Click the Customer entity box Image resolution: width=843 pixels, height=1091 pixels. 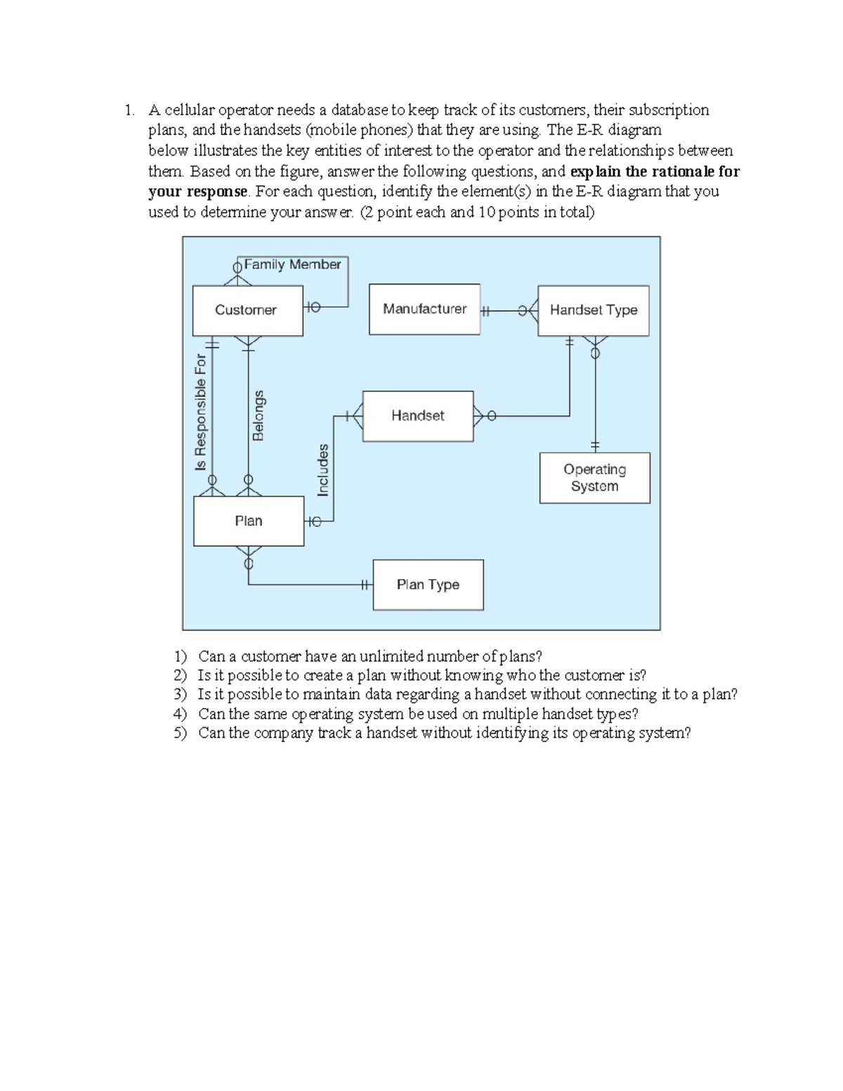click(247, 311)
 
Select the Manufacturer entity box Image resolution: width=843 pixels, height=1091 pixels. click(424, 309)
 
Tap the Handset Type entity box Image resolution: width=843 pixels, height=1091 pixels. click(593, 311)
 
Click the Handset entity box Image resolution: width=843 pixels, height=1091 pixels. click(418, 416)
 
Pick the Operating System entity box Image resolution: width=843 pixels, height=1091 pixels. click(594, 478)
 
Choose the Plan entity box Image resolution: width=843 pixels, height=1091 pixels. click(249, 521)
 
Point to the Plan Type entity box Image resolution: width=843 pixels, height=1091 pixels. click(428, 584)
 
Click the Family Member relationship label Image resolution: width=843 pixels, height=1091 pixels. click(292, 265)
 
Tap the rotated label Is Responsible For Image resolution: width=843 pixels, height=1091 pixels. click(201, 412)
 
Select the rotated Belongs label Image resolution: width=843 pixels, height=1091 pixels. click(259, 415)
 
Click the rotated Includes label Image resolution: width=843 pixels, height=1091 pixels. click(323, 470)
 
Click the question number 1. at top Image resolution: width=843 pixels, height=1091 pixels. click(129, 110)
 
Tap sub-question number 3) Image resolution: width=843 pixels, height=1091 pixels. click(181, 695)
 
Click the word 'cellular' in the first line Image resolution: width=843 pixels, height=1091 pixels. click(189, 110)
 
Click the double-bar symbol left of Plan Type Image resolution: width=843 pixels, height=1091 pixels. click(365, 584)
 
